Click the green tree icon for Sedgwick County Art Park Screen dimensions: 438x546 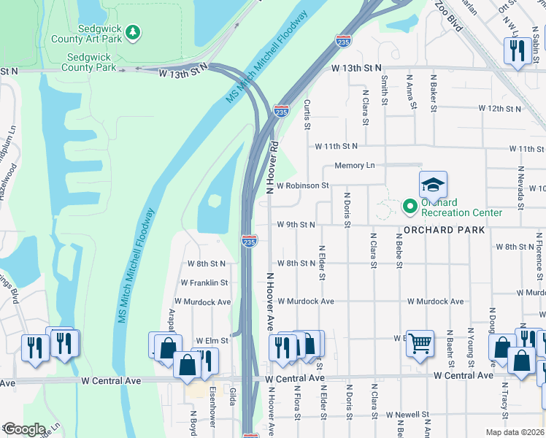tap(133, 31)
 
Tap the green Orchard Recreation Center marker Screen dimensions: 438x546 tap(409, 207)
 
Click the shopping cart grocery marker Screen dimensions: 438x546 tap(420, 342)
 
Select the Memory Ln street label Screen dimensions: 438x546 tap(355, 166)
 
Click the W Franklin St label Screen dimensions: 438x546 tap(204, 283)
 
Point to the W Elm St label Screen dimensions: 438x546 tap(212, 341)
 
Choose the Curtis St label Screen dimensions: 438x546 tap(307, 115)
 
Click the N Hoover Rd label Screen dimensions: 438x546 tap(272, 166)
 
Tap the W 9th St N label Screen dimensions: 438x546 tap(296, 225)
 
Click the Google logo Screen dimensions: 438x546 tap(24, 429)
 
